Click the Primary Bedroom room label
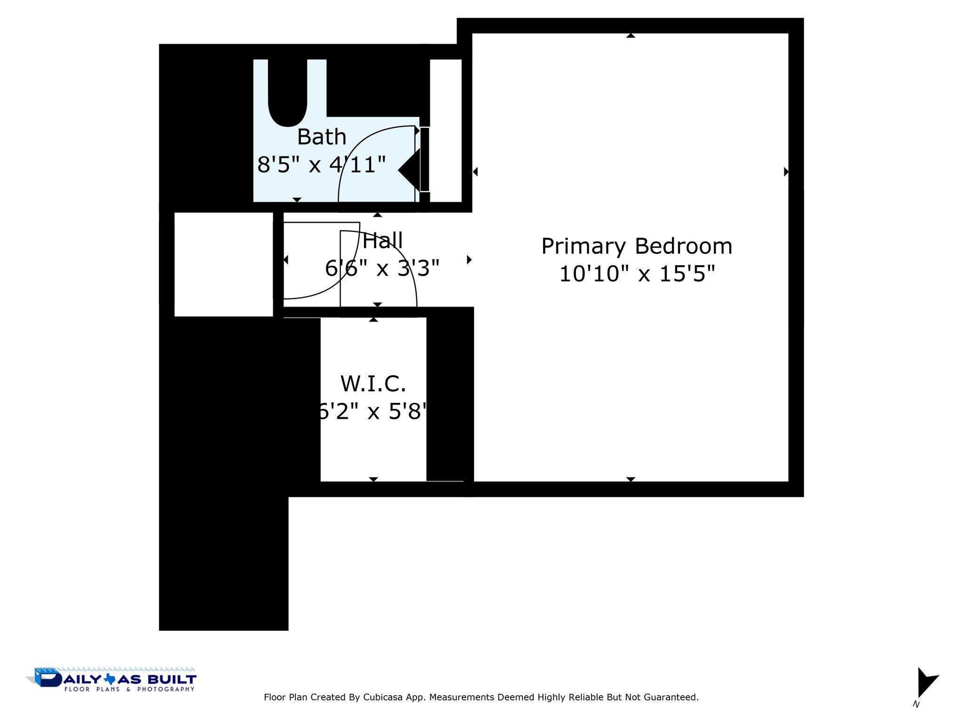637,246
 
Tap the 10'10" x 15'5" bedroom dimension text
637,274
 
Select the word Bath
322,137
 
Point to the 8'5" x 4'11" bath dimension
322,165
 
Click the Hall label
383,241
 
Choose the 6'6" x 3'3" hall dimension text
382,268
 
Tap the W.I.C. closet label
373,384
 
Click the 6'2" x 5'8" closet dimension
373,412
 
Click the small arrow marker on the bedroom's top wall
631,36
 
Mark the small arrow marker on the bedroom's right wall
786,172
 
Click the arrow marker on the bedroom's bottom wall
631,479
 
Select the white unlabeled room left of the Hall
223,264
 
